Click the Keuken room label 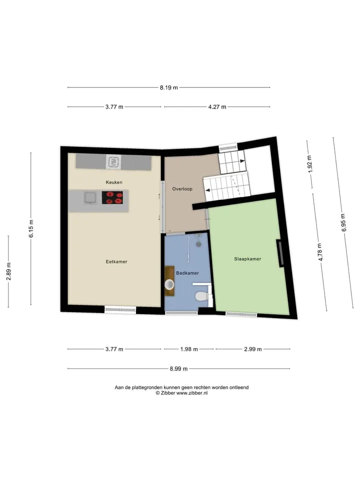pyautogui.click(x=114, y=182)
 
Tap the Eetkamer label pyautogui.click(x=116, y=261)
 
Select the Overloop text pyautogui.click(x=182, y=189)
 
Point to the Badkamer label pyautogui.click(x=187, y=273)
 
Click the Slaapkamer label pyautogui.click(x=247, y=258)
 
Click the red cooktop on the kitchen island pyautogui.click(x=112, y=197)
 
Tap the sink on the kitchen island pyautogui.click(x=90, y=197)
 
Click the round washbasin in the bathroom pyautogui.click(x=169, y=284)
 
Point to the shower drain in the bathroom pyautogui.click(x=198, y=244)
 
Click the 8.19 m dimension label pyautogui.click(x=168, y=87)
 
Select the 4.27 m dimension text pyautogui.click(x=217, y=107)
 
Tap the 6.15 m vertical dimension pyautogui.click(x=31, y=228)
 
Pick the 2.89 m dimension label pyautogui.click(x=8, y=271)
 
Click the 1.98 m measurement pyautogui.click(x=189, y=349)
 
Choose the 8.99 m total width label pyautogui.click(x=179, y=369)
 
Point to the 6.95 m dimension pyautogui.click(x=343, y=222)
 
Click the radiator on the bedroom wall pyautogui.click(x=280, y=253)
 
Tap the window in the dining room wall pyautogui.click(x=120, y=310)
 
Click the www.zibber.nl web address pyautogui.click(x=192, y=393)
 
